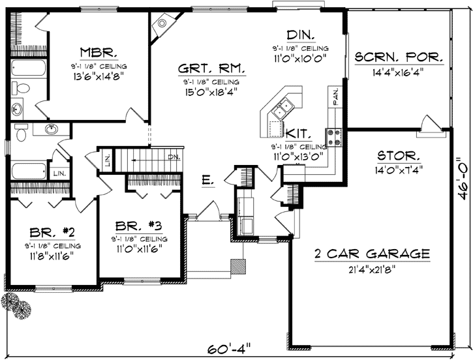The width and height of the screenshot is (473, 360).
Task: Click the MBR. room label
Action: pos(99,52)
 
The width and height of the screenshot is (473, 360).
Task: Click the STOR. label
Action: pos(399,156)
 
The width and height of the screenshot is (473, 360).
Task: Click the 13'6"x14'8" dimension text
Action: pos(99,75)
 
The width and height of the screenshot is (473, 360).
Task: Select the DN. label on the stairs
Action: pos(174,157)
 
